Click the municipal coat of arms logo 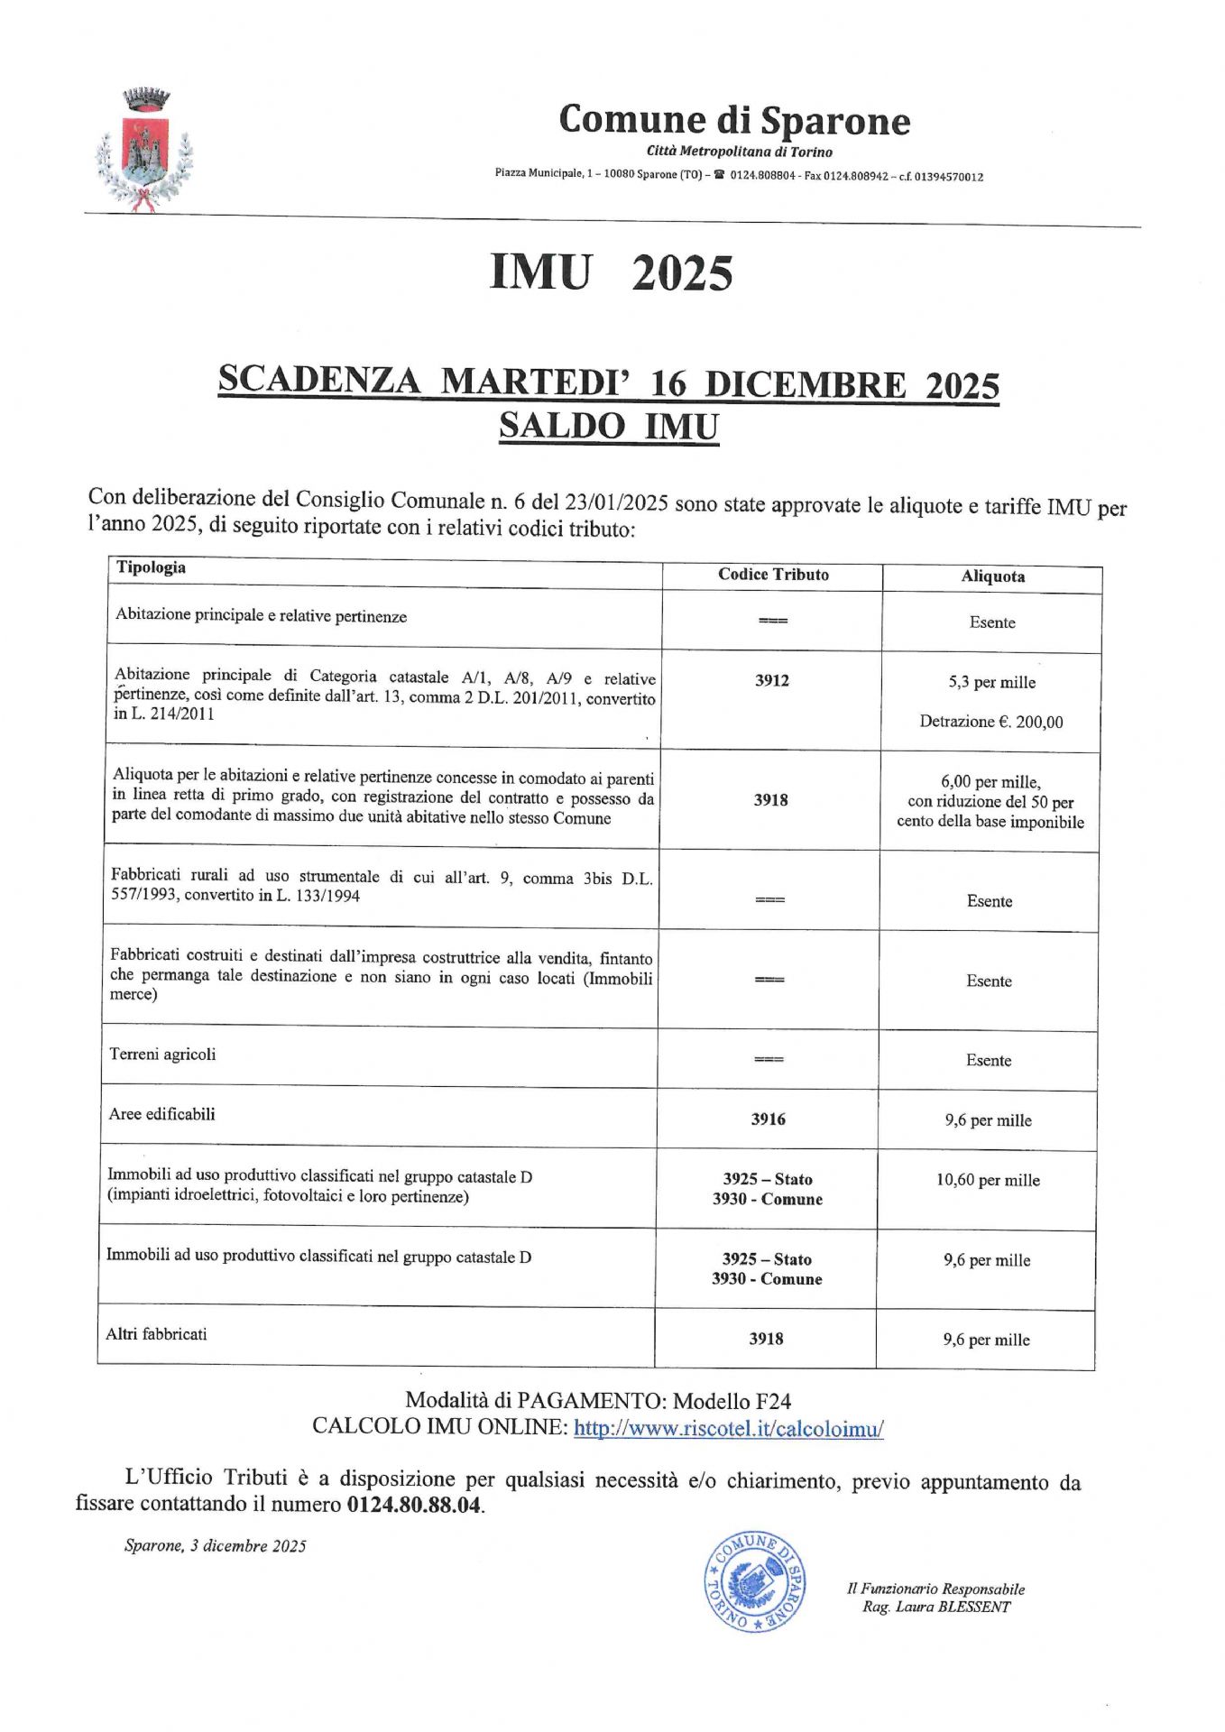[x=144, y=150]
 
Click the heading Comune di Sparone [x=733, y=120]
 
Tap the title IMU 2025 [x=611, y=272]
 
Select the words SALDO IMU [x=609, y=426]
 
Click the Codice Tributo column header [x=773, y=575]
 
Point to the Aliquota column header [x=992, y=576]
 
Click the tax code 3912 [x=772, y=680]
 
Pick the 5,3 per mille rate [x=991, y=682]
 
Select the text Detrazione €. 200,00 [x=990, y=722]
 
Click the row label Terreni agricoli [x=162, y=1054]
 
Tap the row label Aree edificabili [x=162, y=1114]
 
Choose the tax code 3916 [x=768, y=1119]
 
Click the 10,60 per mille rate [x=988, y=1180]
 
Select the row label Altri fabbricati [x=156, y=1333]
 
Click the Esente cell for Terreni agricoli [x=989, y=1061]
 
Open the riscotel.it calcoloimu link [x=728, y=1429]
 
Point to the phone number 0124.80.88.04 [x=414, y=1505]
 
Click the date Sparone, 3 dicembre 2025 [x=216, y=1546]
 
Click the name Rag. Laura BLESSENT [x=936, y=1607]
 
